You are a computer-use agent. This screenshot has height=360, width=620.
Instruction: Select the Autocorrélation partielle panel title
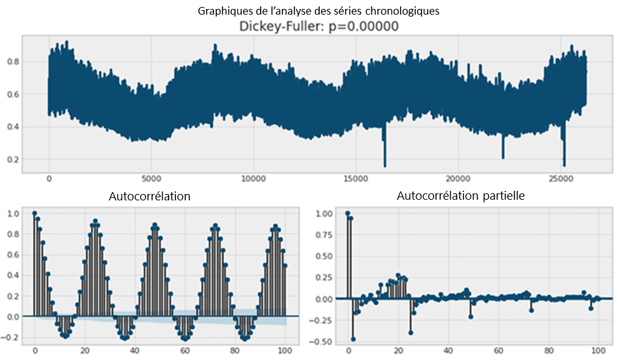coord(460,196)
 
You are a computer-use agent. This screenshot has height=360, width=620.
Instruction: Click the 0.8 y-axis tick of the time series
coord(12,62)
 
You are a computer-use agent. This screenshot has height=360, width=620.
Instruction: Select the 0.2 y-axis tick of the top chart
coord(12,159)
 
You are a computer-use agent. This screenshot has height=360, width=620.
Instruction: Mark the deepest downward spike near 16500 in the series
coord(385,164)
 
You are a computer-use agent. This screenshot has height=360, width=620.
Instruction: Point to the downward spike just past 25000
coord(564,163)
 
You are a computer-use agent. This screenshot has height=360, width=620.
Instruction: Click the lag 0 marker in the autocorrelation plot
coord(34,214)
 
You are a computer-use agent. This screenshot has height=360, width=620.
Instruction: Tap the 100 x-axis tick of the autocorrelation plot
coord(285,350)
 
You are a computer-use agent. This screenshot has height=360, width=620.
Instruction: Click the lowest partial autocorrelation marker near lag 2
coord(353,339)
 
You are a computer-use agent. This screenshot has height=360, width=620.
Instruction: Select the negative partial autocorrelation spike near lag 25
coord(411,333)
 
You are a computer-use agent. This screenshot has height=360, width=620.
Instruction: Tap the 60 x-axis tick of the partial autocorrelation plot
coord(499,350)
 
